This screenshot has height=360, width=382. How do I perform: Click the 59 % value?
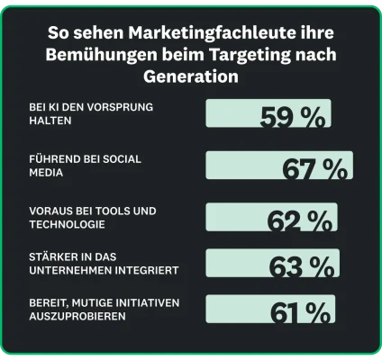(293, 118)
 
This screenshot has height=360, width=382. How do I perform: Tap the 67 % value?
(314, 169)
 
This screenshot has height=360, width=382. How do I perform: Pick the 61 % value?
(300, 313)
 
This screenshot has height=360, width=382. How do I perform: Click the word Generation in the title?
(190, 76)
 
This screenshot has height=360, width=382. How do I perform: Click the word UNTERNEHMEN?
(68, 270)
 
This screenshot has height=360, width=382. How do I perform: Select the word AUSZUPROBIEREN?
(77, 317)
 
